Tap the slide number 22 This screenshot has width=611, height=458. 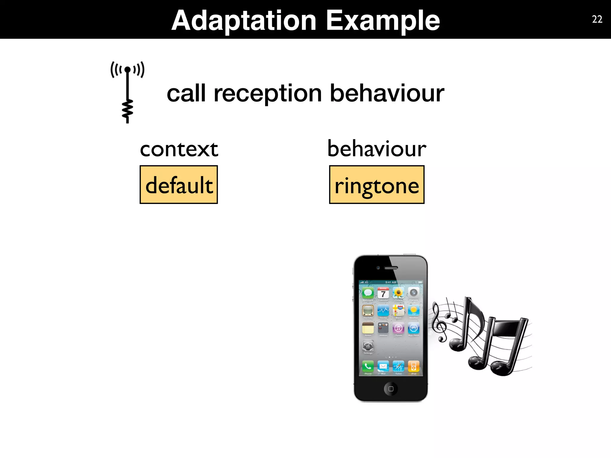[597, 19]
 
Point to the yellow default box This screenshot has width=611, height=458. [179, 185]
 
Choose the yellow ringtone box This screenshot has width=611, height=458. [377, 185]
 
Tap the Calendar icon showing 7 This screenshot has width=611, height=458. [383, 293]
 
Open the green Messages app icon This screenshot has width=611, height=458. [368, 293]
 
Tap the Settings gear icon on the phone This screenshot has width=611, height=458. [368, 346]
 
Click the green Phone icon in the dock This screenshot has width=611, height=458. [368, 366]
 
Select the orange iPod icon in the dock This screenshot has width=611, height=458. [413, 366]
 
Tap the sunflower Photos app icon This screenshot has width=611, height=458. [398, 293]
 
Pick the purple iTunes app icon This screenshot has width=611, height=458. [398, 328]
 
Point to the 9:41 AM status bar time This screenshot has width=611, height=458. [391, 282]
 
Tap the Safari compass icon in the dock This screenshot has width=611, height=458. [398, 366]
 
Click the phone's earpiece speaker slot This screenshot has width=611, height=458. [391, 268]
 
